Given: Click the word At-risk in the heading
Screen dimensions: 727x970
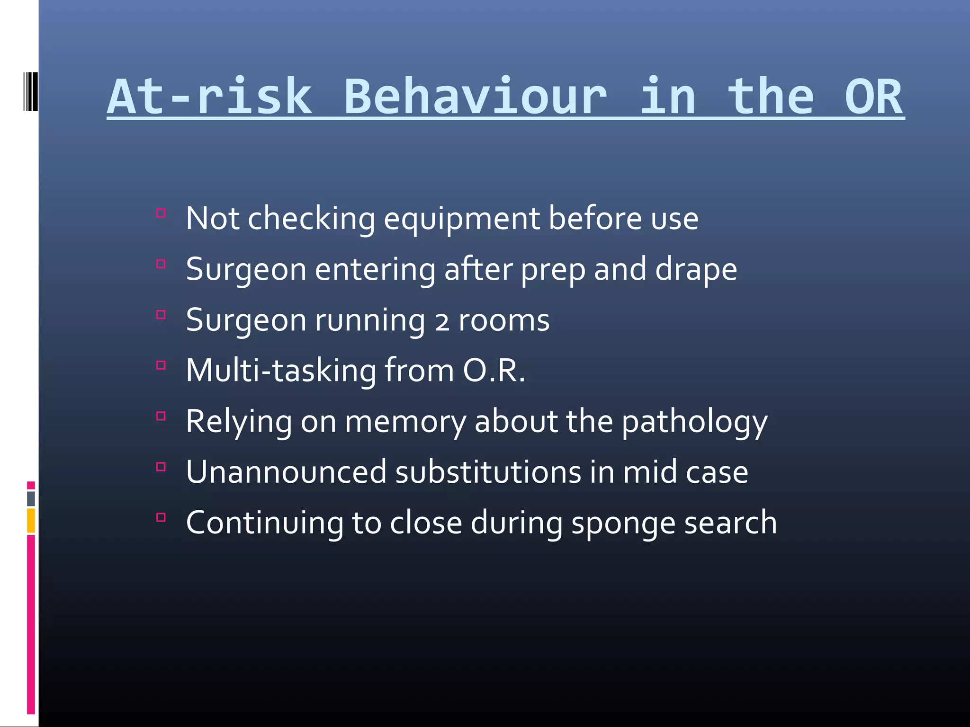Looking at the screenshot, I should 209,97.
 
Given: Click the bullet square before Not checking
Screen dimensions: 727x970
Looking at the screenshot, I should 161,213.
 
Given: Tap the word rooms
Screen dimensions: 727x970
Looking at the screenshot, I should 504,321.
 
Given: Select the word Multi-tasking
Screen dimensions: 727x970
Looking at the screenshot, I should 281,371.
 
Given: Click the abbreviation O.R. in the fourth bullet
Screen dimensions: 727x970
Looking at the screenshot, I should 494,371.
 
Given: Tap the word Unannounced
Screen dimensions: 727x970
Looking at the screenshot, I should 286,472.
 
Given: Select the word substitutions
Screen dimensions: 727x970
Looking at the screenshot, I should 488,472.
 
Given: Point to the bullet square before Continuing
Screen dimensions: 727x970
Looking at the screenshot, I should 161,517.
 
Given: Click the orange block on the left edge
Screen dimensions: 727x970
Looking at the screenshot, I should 31,520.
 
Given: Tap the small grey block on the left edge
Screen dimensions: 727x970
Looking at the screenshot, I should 31,498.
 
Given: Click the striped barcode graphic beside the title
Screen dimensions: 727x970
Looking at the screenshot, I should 30,91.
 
